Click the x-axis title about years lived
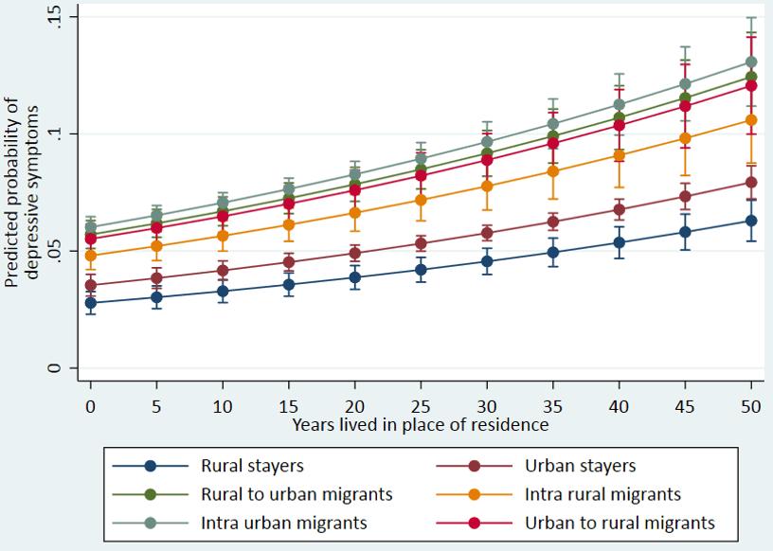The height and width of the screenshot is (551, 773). (420, 424)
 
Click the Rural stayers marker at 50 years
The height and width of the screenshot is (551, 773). (750, 221)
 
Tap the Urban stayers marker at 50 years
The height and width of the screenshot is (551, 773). (750, 182)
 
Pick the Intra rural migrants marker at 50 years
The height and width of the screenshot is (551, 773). (750, 119)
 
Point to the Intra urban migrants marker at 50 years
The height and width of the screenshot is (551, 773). (750, 62)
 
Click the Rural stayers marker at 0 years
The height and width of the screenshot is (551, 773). (91, 303)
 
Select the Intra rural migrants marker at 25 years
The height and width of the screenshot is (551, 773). (420, 200)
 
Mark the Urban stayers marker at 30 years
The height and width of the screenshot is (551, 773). (486, 233)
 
